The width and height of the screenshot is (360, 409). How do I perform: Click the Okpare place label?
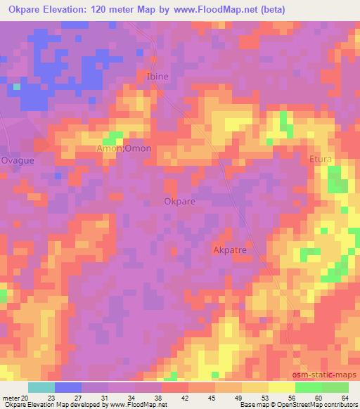pos(179,201)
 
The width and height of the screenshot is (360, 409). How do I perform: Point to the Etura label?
pos(321,160)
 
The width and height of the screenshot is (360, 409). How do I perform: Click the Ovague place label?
pos(18,160)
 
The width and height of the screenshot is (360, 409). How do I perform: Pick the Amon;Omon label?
pos(123,149)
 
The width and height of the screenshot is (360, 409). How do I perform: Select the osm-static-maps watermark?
pos(329,376)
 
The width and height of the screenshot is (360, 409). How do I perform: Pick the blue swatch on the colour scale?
pos(67,387)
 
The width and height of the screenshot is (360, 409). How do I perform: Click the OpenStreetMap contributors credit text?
pos(319,405)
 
